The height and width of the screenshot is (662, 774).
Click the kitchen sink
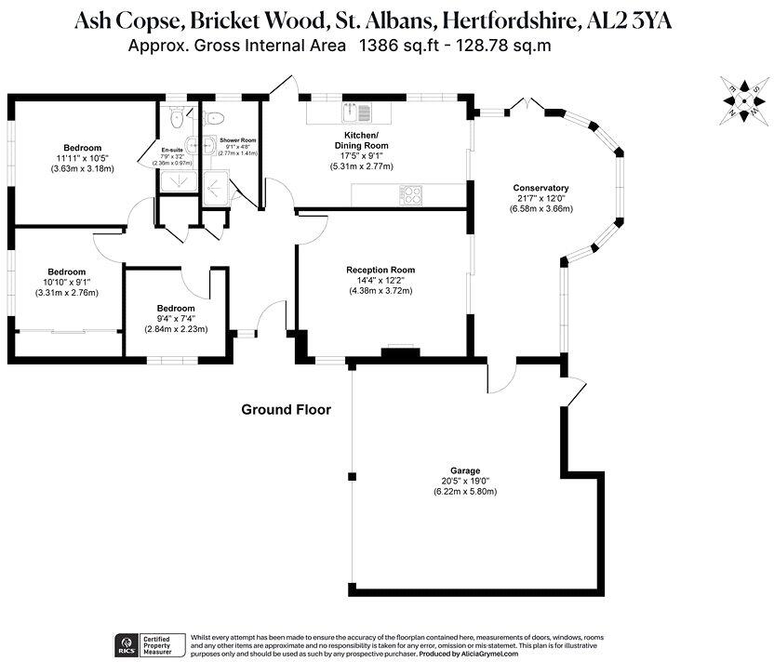[x=356, y=113]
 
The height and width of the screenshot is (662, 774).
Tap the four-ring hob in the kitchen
[x=410, y=195]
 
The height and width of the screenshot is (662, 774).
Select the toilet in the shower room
[x=215, y=118]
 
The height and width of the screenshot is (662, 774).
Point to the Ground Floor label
[x=286, y=409]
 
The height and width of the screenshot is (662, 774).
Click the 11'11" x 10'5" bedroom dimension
[x=82, y=158]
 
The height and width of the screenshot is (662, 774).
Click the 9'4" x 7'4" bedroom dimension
[x=176, y=319]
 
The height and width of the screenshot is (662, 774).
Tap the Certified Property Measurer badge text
[x=159, y=644]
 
